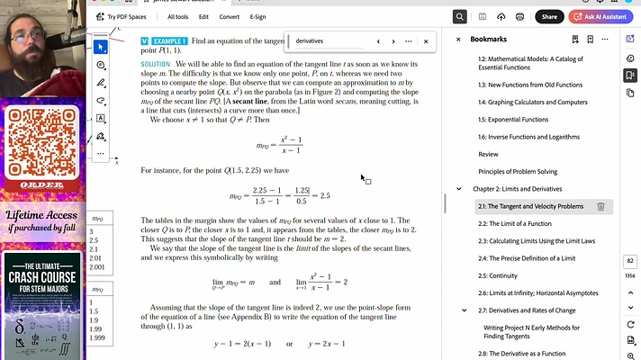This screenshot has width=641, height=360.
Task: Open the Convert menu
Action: click(229, 16)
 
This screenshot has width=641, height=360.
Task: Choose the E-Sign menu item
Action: click(257, 16)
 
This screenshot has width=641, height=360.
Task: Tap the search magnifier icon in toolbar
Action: click(460, 16)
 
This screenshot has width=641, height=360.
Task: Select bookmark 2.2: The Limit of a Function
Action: click(514, 223)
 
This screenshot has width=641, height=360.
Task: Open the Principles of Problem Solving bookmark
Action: click(518, 171)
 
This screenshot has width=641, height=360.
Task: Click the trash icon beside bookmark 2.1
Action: click(600, 206)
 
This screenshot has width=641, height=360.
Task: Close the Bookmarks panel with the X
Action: click(458, 40)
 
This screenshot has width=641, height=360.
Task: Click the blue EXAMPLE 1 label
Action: click(167, 41)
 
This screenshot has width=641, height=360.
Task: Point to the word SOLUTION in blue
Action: click(156, 65)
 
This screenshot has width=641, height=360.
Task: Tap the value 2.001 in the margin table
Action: click(97, 267)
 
